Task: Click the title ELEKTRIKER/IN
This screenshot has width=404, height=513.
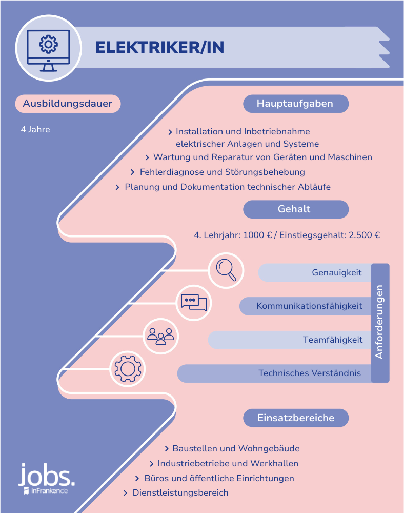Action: click(160, 47)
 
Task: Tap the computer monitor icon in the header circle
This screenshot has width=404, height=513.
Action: click(48, 50)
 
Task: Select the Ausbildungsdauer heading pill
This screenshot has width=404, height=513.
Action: click(68, 104)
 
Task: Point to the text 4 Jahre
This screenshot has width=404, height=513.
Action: click(35, 130)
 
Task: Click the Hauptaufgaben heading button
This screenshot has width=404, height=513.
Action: click(296, 104)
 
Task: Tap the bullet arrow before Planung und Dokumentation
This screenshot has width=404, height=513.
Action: click(117, 187)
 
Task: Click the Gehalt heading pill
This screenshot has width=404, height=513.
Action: click(296, 209)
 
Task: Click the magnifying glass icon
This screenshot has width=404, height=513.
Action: click(226, 270)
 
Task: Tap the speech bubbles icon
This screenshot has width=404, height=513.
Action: click(194, 303)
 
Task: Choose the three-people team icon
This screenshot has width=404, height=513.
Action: click(161, 336)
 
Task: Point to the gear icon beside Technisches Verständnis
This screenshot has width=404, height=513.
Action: click(128, 369)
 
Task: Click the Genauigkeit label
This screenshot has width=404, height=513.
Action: click(337, 272)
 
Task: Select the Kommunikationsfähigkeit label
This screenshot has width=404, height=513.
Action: click(309, 306)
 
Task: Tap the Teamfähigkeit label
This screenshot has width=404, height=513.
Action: click(332, 340)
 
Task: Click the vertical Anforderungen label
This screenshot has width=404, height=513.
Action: click(379, 322)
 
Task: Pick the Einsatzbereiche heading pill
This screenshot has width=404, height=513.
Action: click(296, 418)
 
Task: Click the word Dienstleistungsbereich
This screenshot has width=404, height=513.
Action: click(180, 492)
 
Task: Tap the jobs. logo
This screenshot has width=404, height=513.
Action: click(47, 479)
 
